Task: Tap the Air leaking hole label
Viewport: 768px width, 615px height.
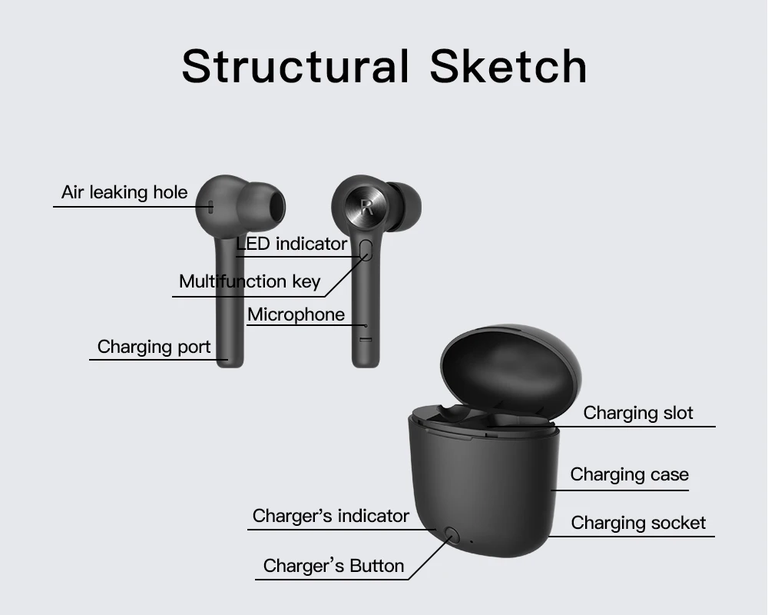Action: point(124,192)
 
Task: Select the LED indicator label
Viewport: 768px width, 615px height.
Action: point(292,244)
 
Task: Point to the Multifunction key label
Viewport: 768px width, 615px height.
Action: point(250,281)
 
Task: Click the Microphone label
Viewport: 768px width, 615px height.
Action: point(296,314)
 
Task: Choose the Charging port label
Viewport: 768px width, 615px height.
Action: point(154,347)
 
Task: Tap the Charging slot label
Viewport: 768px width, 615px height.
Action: point(638,414)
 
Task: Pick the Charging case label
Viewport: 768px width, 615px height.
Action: point(629,475)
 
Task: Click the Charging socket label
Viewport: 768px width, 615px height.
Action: point(638,524)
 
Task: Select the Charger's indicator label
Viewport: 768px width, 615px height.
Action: point(331,516)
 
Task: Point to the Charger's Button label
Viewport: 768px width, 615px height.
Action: point(333,567)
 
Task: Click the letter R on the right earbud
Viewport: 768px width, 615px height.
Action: point(366,206)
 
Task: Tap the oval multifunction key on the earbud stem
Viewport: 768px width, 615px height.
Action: point(366,249)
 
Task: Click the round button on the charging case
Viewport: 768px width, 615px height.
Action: point(451,535)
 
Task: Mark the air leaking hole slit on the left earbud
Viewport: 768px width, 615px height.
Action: point(210,205)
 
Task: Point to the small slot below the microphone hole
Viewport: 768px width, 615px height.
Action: point(366,339)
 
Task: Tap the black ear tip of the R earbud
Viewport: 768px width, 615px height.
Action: point(404,206)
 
